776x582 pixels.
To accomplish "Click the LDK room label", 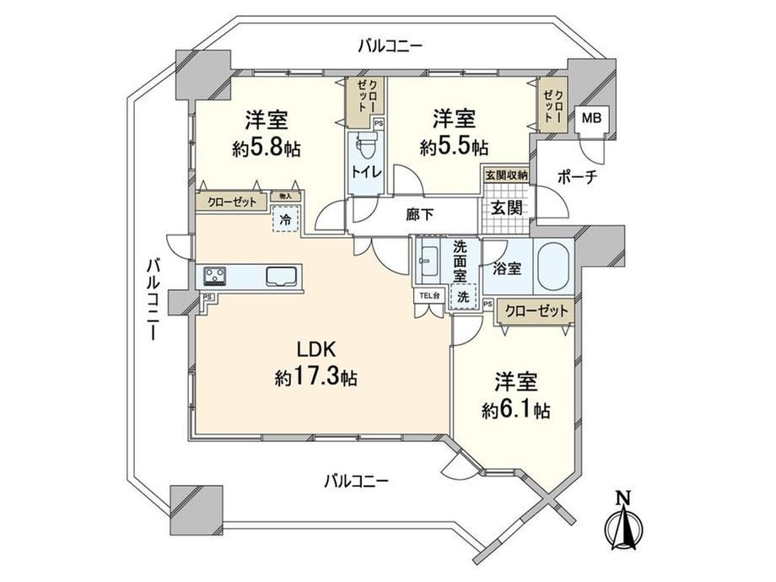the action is (316, 350).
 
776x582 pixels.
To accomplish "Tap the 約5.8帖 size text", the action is (267, 148).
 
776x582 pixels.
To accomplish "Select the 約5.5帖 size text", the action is (455, 147).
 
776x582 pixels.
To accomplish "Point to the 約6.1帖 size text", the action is (516, 410).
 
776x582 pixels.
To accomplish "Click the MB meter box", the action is (591, 118).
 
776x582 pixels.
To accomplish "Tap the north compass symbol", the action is (623, 520).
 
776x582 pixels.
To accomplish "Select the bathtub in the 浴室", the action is (554, 267).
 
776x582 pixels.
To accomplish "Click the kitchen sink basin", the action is (283, 276).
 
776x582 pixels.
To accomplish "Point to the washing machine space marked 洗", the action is (463, 296).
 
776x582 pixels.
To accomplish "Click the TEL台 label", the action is (428, 296).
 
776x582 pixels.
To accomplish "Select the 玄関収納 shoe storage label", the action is (506, 175).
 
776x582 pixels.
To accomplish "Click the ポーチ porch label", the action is (577, 176).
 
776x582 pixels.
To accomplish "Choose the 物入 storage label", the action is (286, 196).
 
